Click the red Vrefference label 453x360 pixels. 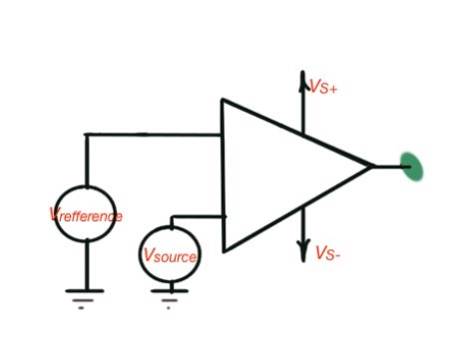[x=86, y=215]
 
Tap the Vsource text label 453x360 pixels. [x=170, y=256]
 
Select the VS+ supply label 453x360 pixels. [x=324, y=88]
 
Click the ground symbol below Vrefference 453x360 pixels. [x=86, y=295]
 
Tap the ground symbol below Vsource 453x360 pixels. [x=171, y=293]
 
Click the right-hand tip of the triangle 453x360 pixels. [x=374, y=166]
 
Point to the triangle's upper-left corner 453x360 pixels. [x=223, y=100]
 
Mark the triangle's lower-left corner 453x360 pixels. [x=224, y=250]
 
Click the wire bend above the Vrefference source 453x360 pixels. [x=86, y=134]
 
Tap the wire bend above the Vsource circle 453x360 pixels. [x=172, y=215]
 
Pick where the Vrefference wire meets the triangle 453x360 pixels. [x=223, y=134]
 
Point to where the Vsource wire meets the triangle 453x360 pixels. [x=224, y=215]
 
